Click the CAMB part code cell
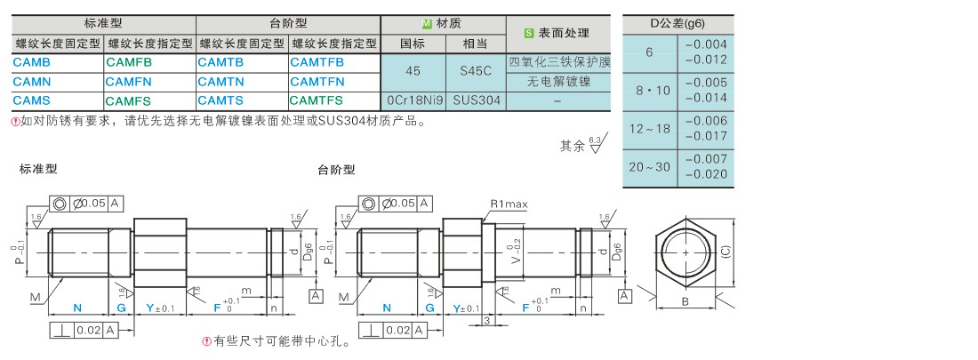click(32, 63)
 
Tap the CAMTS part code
click(220, 100)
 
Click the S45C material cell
click(475, 72)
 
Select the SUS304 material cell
click(476, 100)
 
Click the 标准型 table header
click(104, 24)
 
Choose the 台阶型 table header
click(288, 24)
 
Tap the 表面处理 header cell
click(557, 33)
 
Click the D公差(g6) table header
click(677, 24)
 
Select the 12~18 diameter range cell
click(650, 129)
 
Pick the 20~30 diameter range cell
click(650, 167)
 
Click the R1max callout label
click(509, 204)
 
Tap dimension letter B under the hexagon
click(685, 302)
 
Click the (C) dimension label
click(726, 252)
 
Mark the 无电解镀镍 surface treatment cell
click(557, 82)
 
